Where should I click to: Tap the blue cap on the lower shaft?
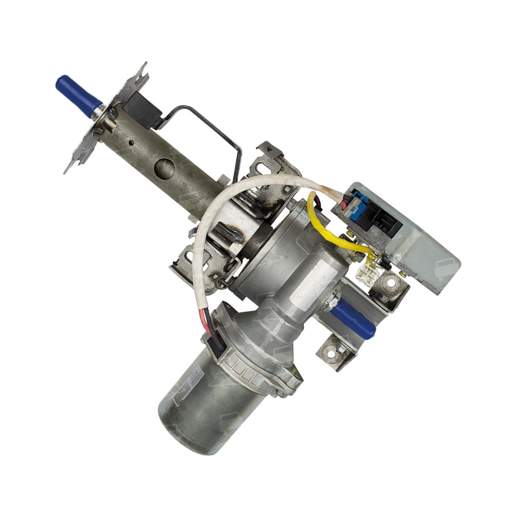pyautogui.click(x=354, y=319)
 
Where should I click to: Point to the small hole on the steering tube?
pyautogui.click(x=131, y=142)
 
